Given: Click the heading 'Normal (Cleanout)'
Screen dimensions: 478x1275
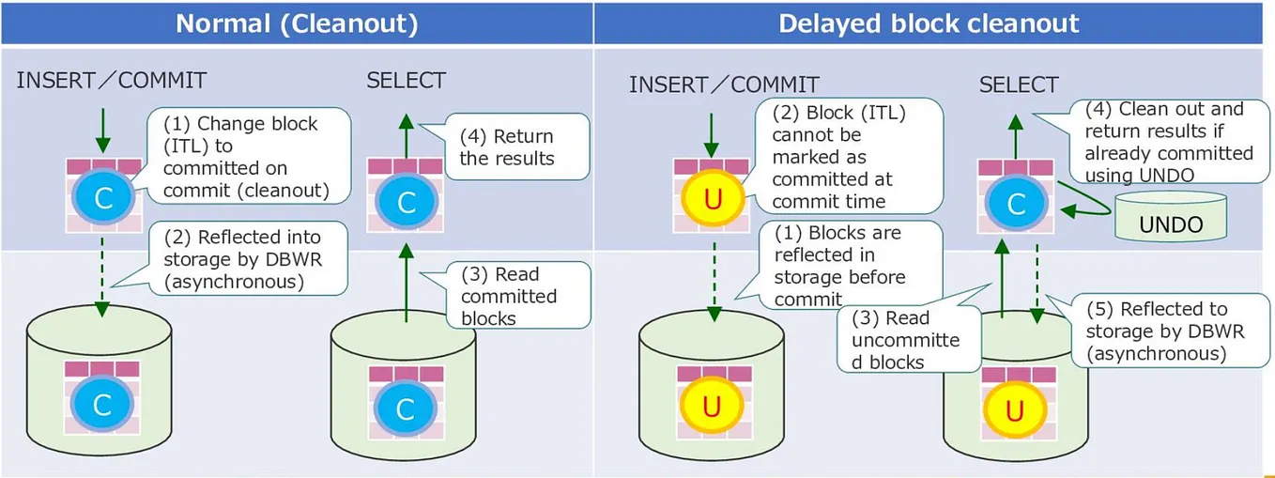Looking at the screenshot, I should [x=297, y=23].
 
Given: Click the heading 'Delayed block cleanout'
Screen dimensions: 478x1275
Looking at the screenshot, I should [x=929, y=23].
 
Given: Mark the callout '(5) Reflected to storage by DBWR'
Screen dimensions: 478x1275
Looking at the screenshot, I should [x=1155, y=331].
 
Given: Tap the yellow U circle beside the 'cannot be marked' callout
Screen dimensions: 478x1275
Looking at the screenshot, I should [x=711, y=200].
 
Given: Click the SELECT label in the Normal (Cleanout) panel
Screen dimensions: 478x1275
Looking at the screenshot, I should [x=406, y=81].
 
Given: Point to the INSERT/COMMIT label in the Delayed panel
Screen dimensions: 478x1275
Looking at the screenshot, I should [x=724, y=85].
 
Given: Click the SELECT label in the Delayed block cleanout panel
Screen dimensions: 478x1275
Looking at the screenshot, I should [x=1018, y=85].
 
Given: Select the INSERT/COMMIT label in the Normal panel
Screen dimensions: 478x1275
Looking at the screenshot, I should [x=111, y=81].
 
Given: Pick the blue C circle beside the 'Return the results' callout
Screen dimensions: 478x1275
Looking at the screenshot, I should [x=406, y=202].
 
